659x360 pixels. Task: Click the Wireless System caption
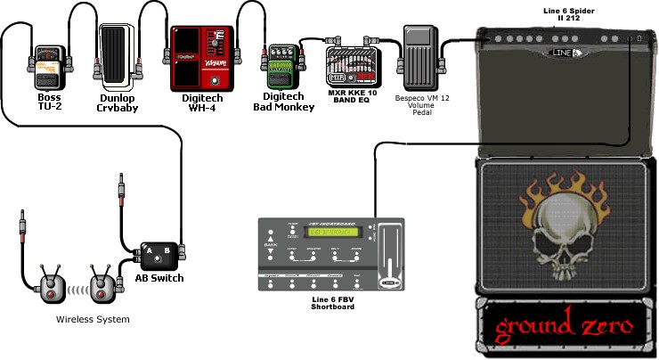[93, 319]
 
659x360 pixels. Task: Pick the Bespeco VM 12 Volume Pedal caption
[421, 107]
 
